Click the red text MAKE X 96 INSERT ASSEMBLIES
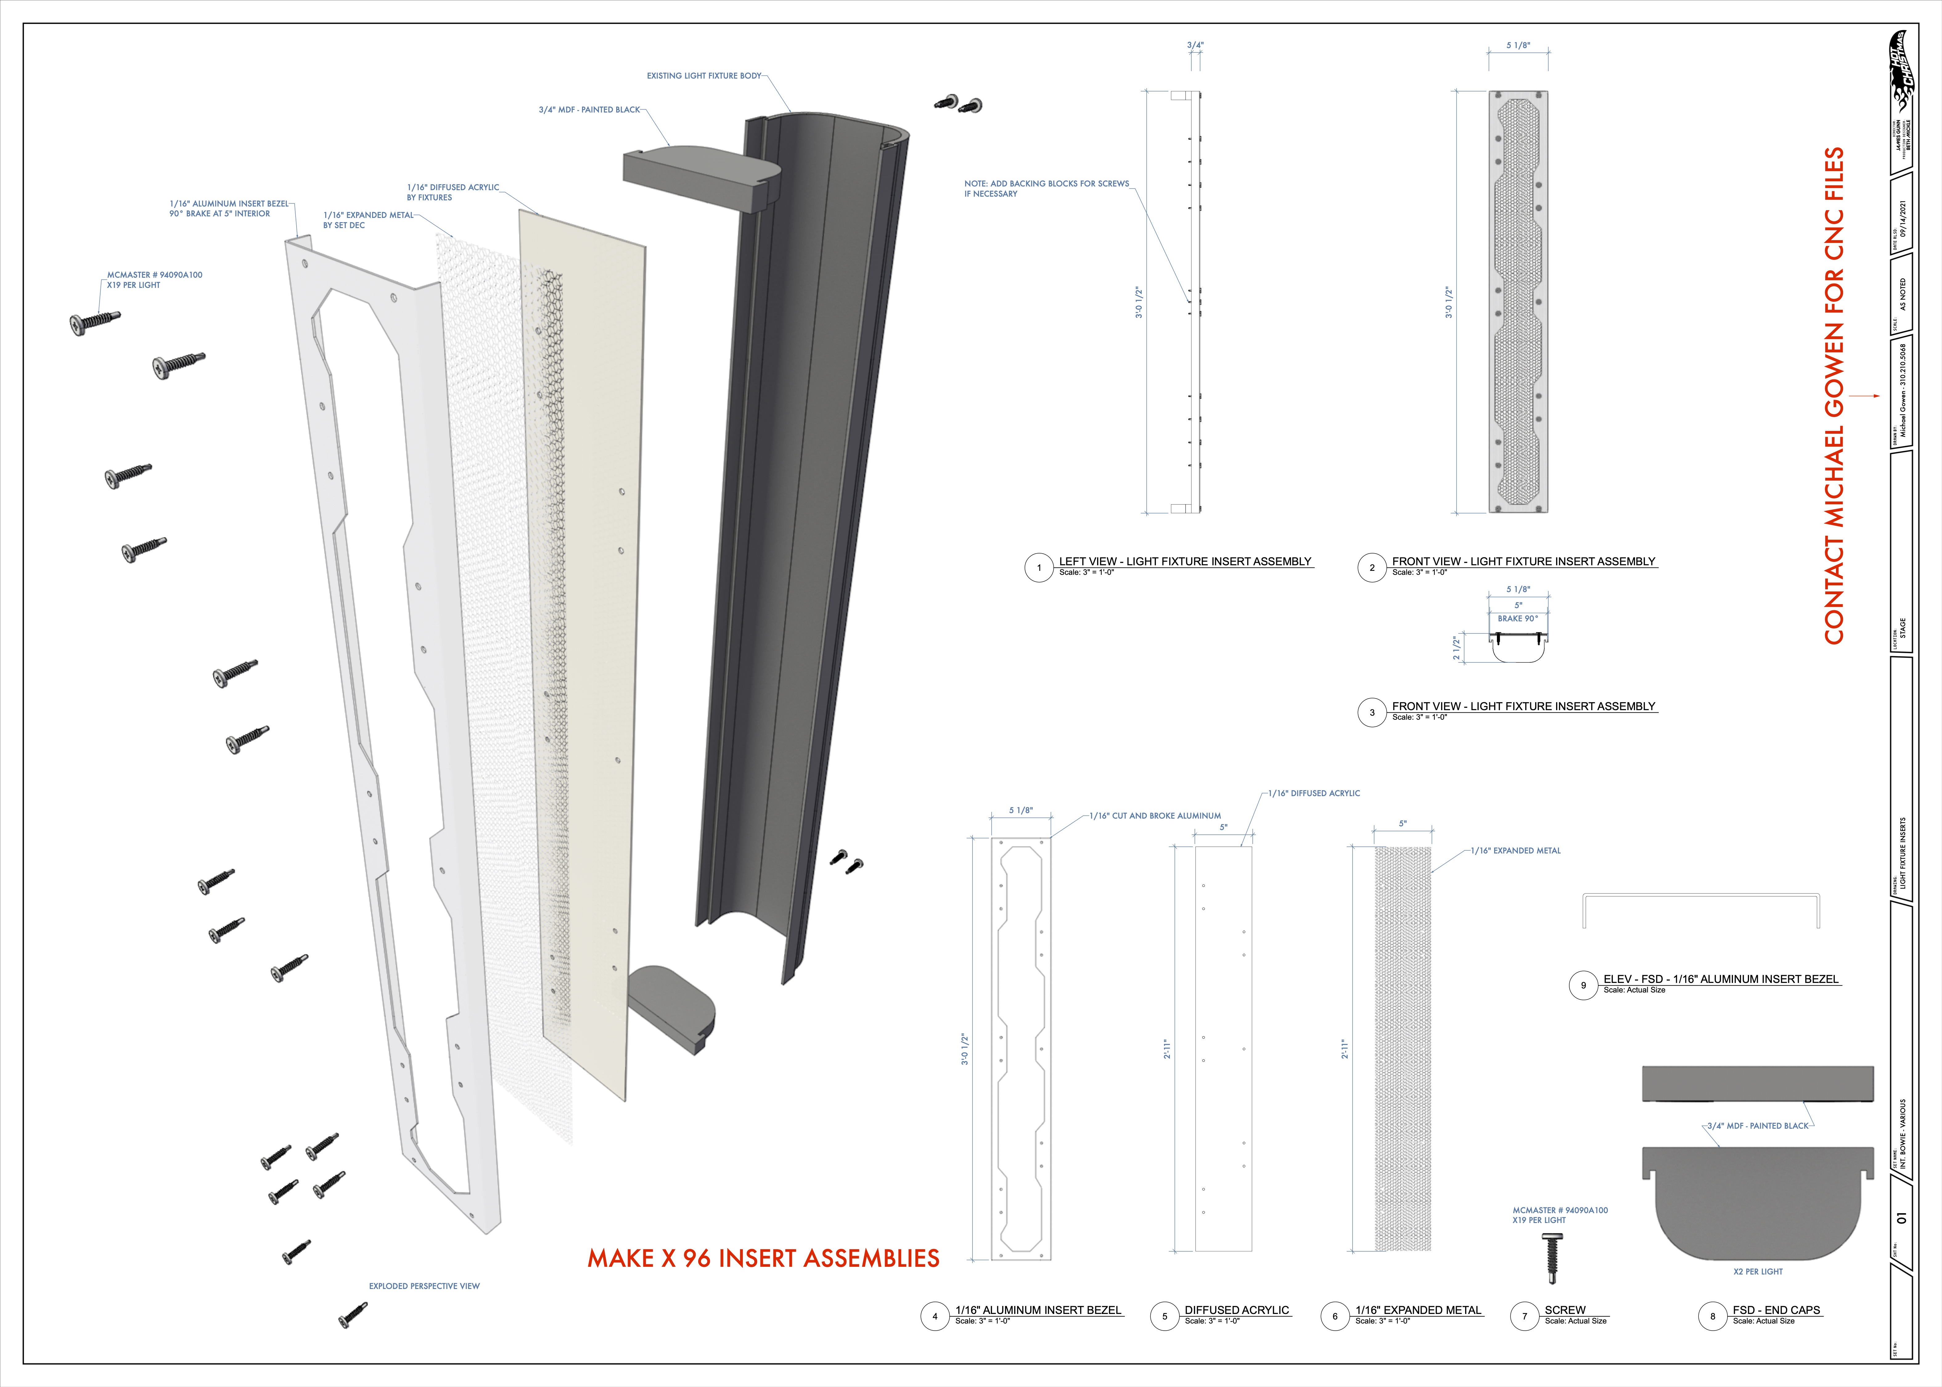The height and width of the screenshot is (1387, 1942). [763, 1258]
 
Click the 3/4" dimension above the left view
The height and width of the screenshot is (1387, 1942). [1195, 45]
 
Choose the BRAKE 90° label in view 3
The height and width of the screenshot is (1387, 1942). [1518, 618]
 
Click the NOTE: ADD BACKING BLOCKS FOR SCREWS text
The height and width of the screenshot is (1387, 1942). [1046, 184]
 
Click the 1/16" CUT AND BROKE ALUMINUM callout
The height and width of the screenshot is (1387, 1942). [1155, 816]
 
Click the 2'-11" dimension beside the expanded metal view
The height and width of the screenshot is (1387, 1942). [1344, 1049]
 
